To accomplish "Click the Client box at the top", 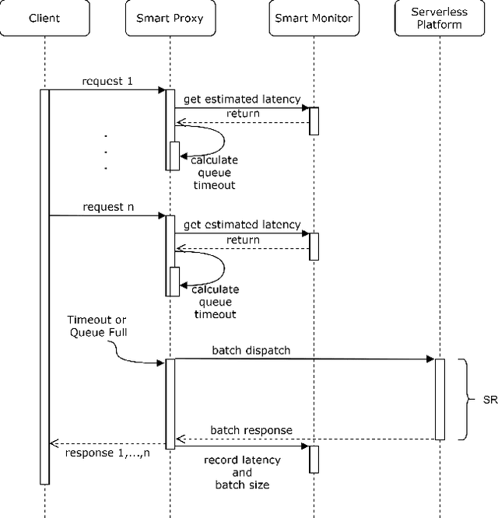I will click(44, 18).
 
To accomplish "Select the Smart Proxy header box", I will click(169, 18).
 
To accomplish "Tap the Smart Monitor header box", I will click(313, 18).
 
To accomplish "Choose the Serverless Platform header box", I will click(440, 17).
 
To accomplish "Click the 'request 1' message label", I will click(106, 81).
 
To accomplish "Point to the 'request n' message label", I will click(107, 207).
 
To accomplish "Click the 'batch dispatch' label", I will click(251, 350).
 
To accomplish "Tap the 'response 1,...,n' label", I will click(107, 453).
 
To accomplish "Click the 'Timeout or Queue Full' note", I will click(97, 327).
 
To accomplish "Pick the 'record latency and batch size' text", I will click(241, 472).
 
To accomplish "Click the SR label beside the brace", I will click(489, 400).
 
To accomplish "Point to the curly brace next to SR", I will click(465, 400).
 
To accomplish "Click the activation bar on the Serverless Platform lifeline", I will click(440, 399).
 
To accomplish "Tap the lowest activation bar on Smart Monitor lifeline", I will click(314, 459).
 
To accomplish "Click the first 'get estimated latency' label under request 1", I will click(242, 99).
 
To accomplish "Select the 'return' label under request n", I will click(243, 240).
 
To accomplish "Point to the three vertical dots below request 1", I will click(105, 151).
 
